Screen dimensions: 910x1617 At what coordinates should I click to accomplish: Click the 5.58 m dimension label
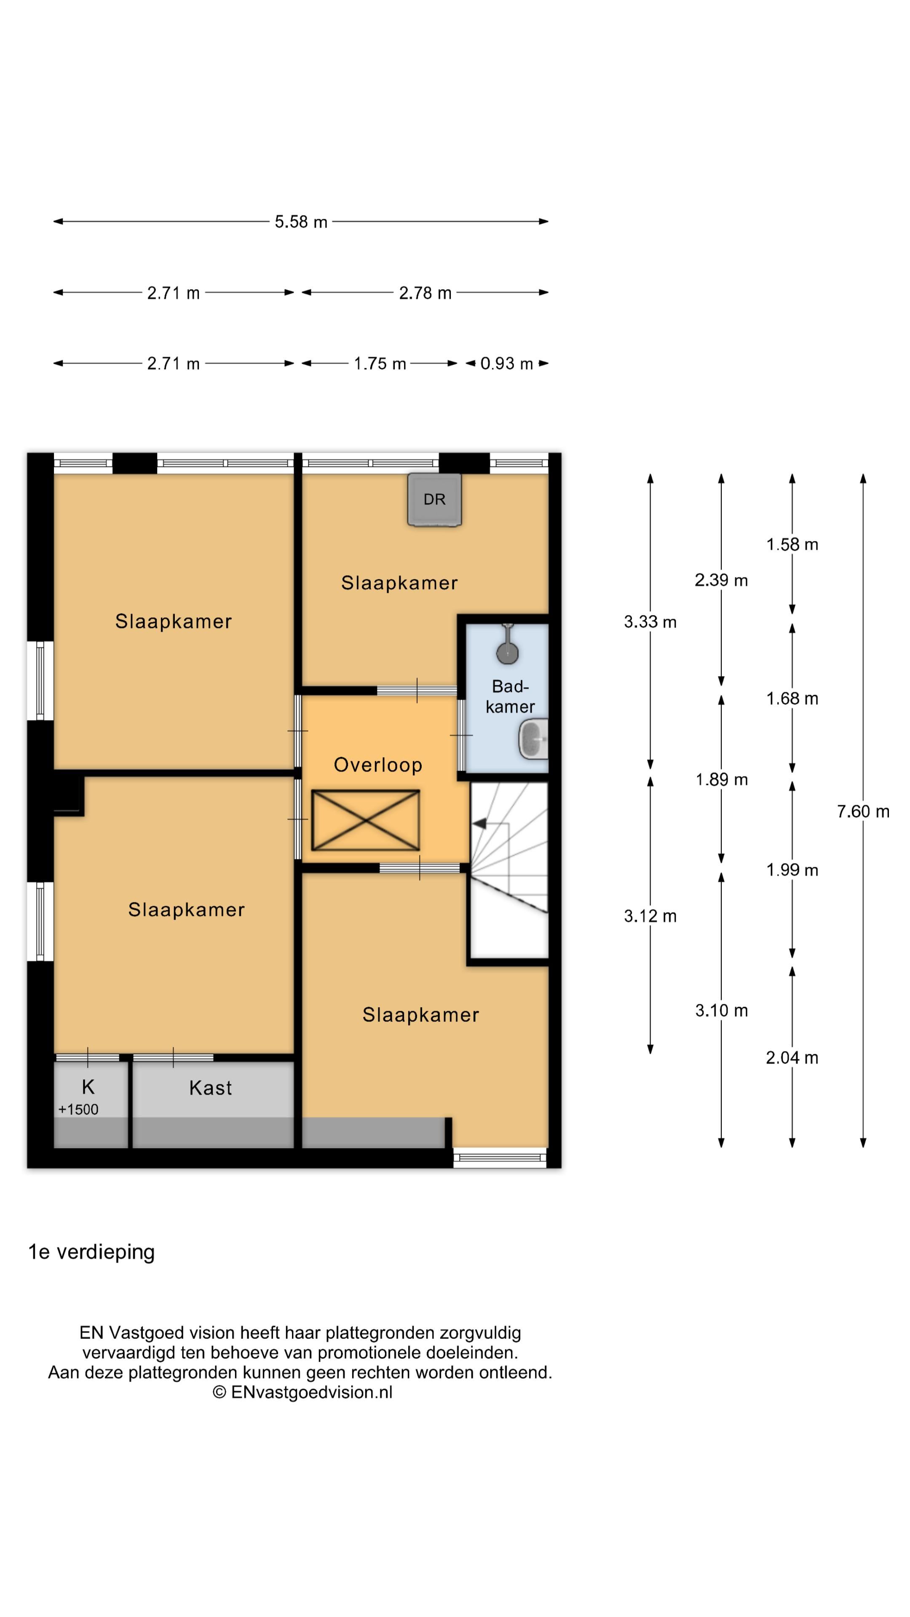[x=301, y=221]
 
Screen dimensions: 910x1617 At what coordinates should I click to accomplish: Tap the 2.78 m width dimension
[x=425, y=293]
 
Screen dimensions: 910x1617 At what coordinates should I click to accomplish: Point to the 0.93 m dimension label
[x=506, y=363]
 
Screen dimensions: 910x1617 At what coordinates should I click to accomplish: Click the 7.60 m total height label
[x=863, y=811]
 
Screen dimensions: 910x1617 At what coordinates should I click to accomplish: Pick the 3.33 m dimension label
[x=650, y=622]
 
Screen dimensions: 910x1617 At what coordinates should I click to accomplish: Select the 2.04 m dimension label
[x=792, y=1058]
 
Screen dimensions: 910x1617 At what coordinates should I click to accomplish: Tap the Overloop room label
[x=378, y=765]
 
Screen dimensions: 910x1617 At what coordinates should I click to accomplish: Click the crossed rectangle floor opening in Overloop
[x=366, y=820]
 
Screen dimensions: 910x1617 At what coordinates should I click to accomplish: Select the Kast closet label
[x=210, y=1088]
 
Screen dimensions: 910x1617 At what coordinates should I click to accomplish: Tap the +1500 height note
[x=78, y=1109]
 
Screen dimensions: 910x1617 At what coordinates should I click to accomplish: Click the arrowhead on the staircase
[x=479, y=823]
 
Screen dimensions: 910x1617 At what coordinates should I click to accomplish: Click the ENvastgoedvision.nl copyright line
[x=302, y=1392]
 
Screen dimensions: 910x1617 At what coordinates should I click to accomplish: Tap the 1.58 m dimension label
[x=792, y=544]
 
